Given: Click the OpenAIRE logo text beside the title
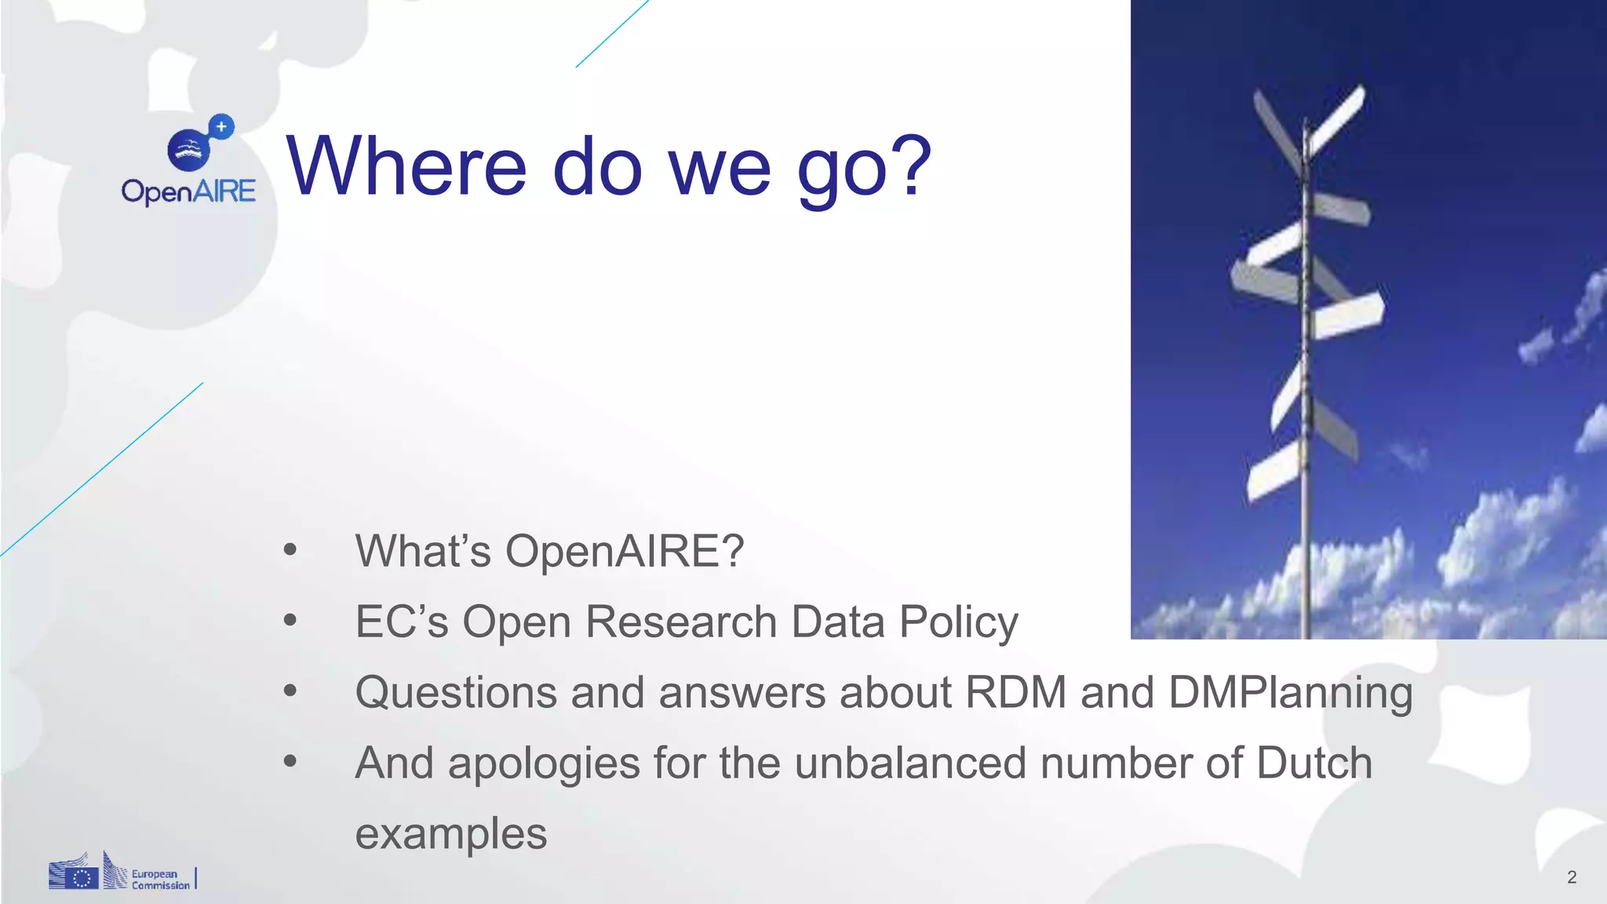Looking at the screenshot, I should pyautogui.click(x=188, y=191).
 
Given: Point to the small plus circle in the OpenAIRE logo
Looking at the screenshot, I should pyautogui.click(x=222, y=126).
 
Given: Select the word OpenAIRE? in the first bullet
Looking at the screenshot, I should pyautogui.click(x=625, y=551).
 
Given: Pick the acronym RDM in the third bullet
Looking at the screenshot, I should pyautogui.click(x=1015, y=692).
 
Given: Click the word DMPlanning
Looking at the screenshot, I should pyautogui.click(x=1290, y=694).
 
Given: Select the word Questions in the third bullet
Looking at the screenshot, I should pyautogui.click(x=456, y=692).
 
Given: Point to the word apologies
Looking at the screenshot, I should pyautogui.click(x=544, y=764).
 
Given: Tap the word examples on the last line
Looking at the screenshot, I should pyautogui.click(x=451, y=833).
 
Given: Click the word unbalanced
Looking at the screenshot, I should pyautogui.click(x=910, y=763).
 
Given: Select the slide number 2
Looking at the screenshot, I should pyautogui.click(x=1571, y=877).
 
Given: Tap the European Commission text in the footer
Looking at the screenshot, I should pyautogui.click(x=160, y=879).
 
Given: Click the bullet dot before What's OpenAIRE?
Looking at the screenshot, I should pyautogui.click(x=290, y=550).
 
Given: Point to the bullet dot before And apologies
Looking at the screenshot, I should pyautogui.click(x=290, y=761).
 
